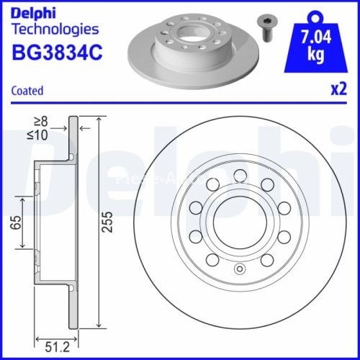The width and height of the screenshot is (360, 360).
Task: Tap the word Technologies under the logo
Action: point(55,30)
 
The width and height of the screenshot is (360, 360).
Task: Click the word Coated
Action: point(27,91)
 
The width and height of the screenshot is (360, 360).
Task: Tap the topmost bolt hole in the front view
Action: point(238,173)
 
